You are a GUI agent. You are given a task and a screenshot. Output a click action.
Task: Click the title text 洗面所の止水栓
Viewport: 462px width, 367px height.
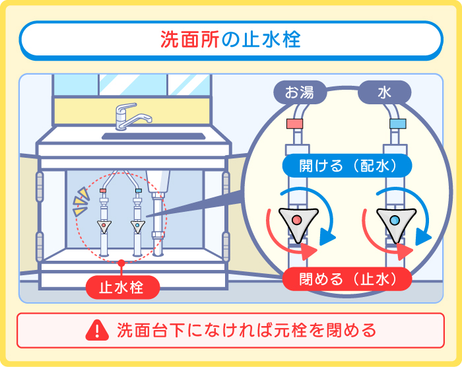tap(230, 40)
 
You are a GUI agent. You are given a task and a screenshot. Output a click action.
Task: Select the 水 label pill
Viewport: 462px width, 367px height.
tap(384, 92)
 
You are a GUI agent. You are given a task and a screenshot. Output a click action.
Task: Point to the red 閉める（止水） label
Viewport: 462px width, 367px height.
tap(347, 279)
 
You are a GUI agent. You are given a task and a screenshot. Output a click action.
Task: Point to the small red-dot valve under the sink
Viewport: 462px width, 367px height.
tap(104, 226)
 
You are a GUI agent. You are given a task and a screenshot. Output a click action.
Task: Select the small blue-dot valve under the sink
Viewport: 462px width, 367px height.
tap(138, 226)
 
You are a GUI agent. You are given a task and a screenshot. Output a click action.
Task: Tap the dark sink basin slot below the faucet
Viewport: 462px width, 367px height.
tap(152, 137)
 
